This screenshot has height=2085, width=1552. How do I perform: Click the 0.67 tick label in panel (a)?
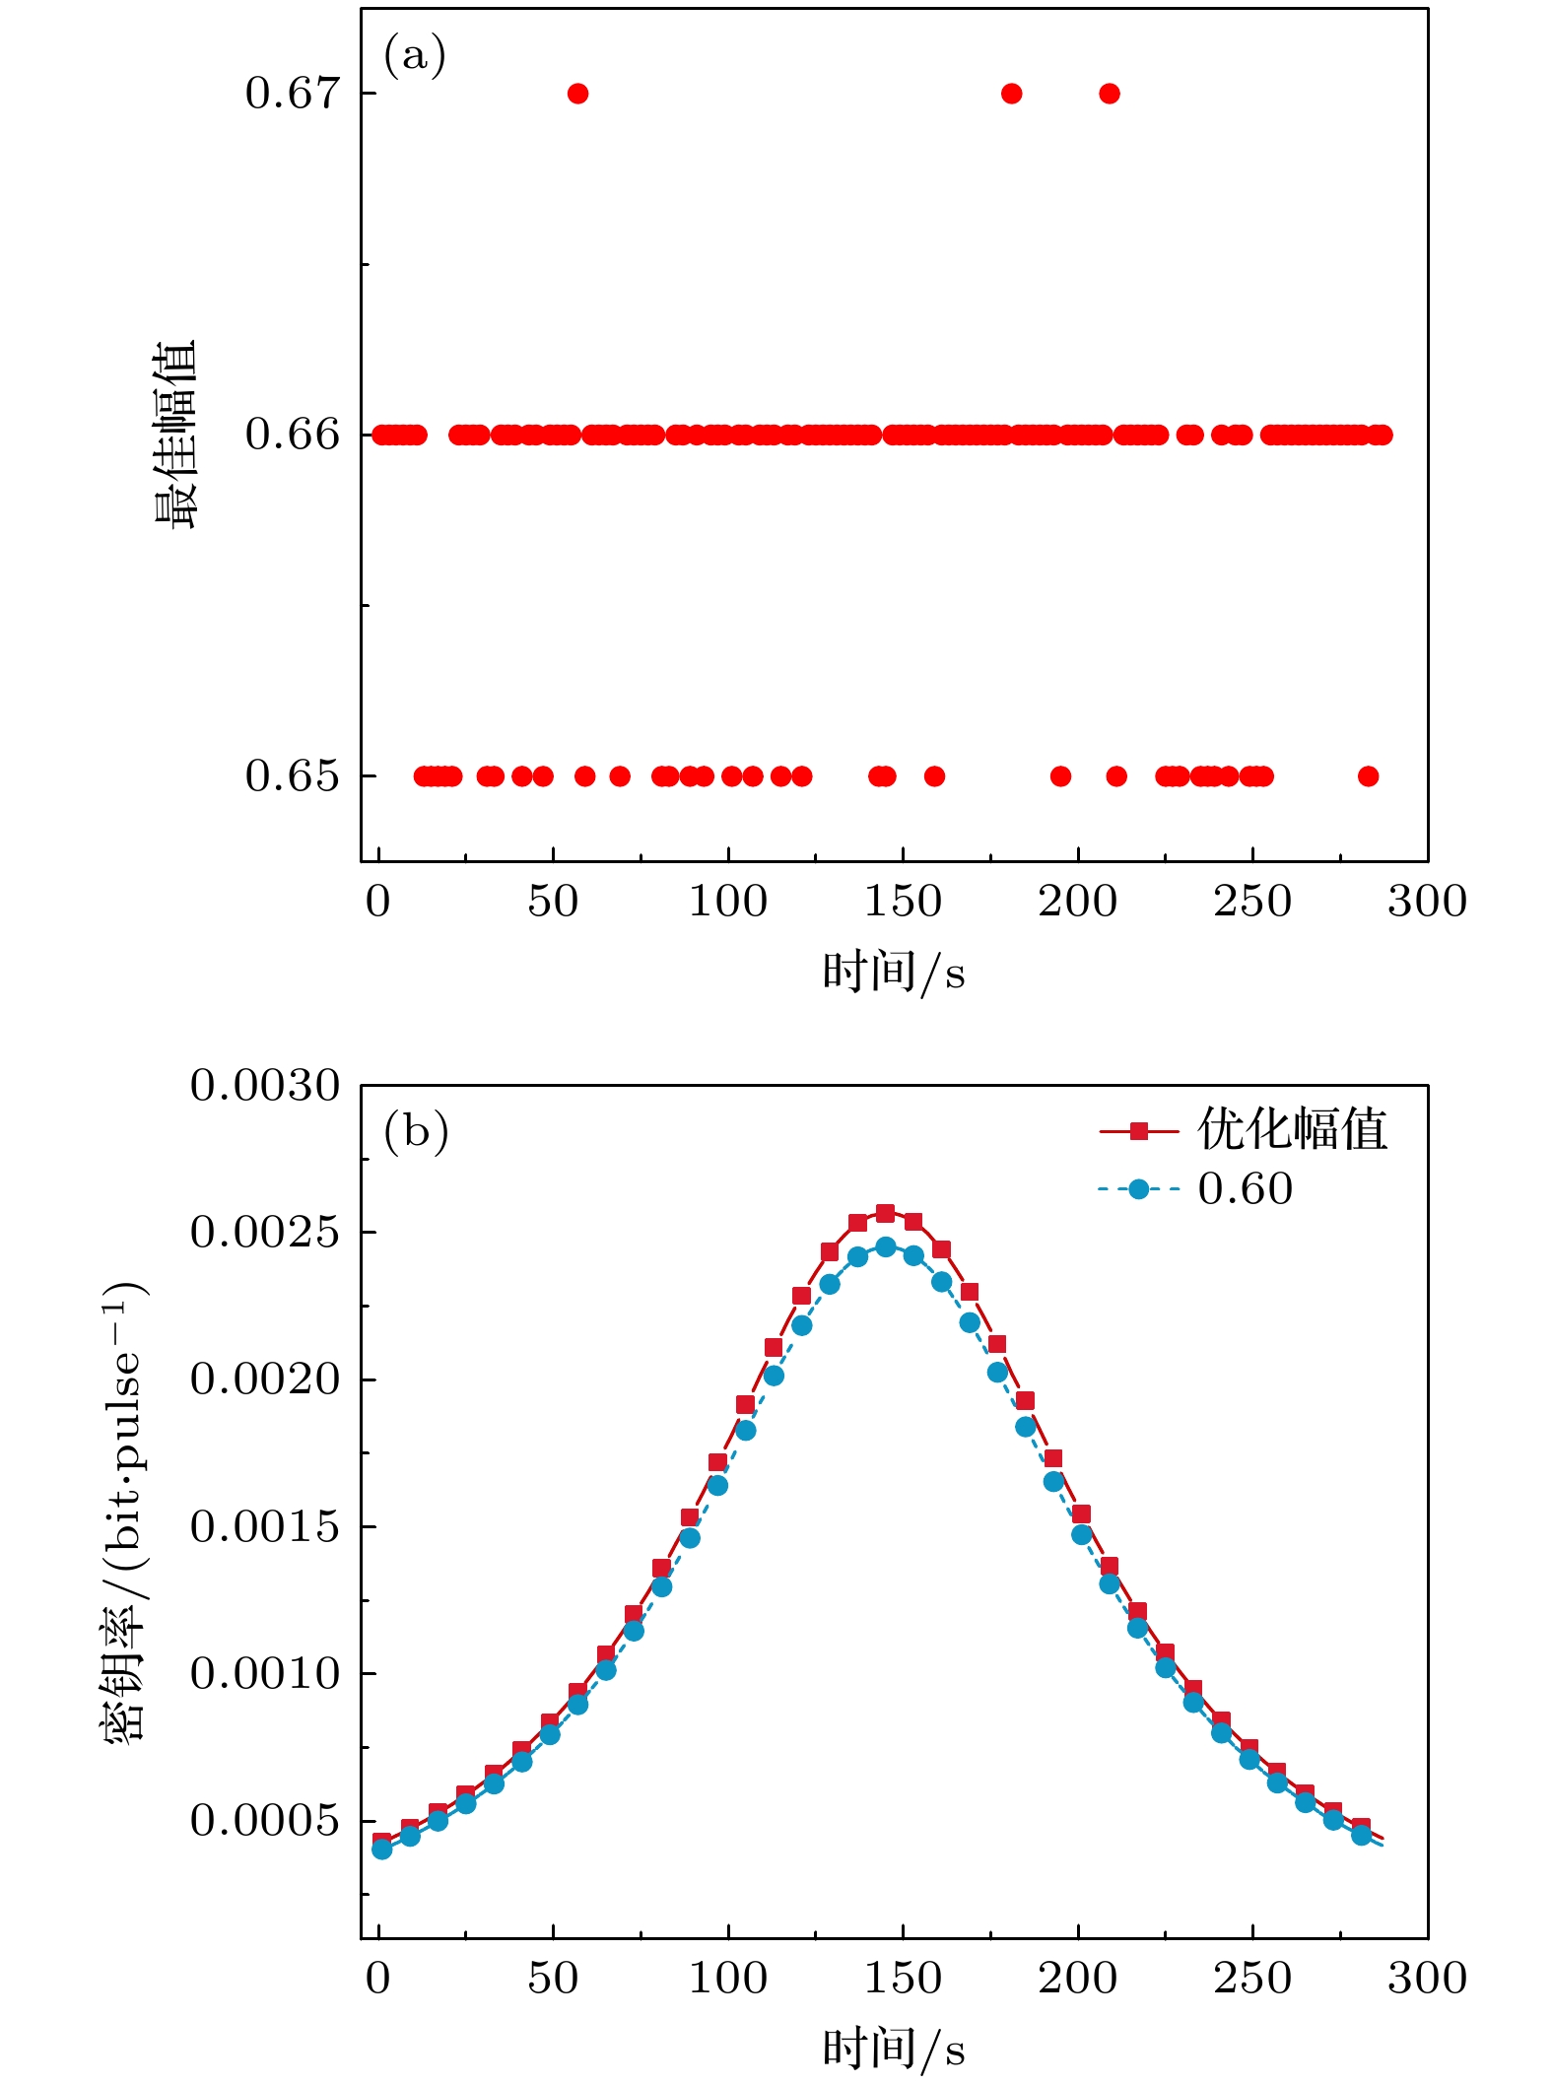(x=292, y=94)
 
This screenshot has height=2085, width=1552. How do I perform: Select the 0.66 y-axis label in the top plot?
(x=292, y=435)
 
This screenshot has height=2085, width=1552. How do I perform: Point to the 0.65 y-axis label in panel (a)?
(x=292, y=776)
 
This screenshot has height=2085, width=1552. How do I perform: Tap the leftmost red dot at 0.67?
(x=578, y=94)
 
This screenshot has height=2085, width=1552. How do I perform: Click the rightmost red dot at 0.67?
(x=1110, y=94)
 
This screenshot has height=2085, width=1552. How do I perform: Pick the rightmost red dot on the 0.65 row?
(x=1368, y=776)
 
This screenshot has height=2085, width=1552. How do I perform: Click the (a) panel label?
(x=415, y=56)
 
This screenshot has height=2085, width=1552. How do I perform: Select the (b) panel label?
(x=416, y=1132)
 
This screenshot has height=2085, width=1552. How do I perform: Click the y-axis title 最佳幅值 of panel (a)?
(x=176, y=435)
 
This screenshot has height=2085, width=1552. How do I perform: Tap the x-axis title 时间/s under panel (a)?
(x=894, y=973)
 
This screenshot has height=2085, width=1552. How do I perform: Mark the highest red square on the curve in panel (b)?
(x=885, y=1213)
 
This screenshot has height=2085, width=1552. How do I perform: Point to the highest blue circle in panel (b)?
(x=885, y=1247)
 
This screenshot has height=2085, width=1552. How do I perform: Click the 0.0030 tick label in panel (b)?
(x=264, y=1086)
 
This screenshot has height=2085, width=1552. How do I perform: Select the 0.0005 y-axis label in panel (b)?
(x=264, y=1821)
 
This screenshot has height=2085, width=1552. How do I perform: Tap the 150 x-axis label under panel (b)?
(x=903, y=1980)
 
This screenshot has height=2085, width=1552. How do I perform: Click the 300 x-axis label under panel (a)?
(x=1427, y=903)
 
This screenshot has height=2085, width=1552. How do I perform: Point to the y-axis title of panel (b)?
(x=124, y=1513)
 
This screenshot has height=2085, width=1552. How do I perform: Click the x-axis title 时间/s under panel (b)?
(x=894, y=2050)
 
